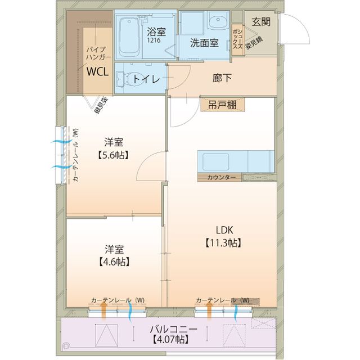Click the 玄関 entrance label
pyautogui.click(x=261, y=22)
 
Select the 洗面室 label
pyautogui.click(x=204, y=43)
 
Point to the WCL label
pyautogui.click(x=96, y=71)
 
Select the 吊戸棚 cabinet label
pyautogui.click(x=222, y=105)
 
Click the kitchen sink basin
pyautogui.click(x=216, y=161)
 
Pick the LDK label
pyautogui.click(x=222, y=229)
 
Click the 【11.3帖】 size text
pyautogui.click(x=222, y=242)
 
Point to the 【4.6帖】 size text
pyautogui.click(x=114, y=262)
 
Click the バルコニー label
pyautogui.click(x=173, y=328)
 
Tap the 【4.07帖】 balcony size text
pyautogui.click(x=170, y=340)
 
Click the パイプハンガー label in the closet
pyautogui.click(x=96, y=53)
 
